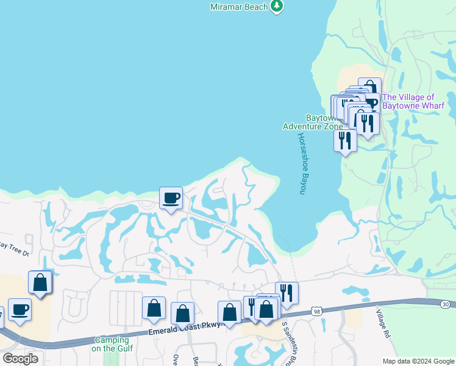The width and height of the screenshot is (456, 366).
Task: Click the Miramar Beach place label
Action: [x=239, y=6]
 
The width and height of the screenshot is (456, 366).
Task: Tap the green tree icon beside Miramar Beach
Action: [x=277, y=5]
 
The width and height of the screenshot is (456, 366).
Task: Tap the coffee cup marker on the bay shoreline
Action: [x=171, y=198]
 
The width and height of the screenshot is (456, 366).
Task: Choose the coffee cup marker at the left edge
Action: [x=20, y=309]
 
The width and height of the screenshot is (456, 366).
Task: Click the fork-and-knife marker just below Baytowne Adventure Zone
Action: [x=345, y=140]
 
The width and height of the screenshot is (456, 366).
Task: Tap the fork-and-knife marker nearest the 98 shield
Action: [x=287, y=293]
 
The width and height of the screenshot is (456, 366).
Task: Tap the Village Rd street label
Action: [x=382, y=323]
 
